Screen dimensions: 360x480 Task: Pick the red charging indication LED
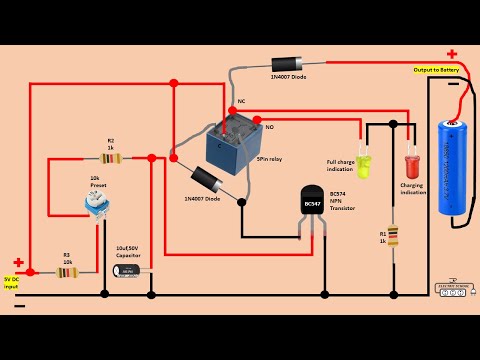pos(411,164)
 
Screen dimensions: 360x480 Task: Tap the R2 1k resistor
pos(111,157)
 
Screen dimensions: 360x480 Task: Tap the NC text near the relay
pos(240,101)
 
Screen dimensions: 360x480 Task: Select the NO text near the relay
pos(268,127)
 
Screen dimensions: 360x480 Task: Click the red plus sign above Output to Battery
pos(452,54)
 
